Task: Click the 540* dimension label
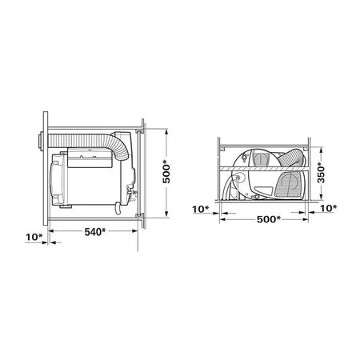click(95, 232)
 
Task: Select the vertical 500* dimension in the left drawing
click(166, 174)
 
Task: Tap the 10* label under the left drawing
click(34, 237)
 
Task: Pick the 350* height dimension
click(321, 174)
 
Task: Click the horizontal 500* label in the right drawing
click(269, 219)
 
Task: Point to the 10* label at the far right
click(328, 208)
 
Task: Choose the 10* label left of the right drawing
click(201, 209)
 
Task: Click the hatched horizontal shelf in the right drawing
click(264, 169)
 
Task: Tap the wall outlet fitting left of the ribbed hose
click(40, 142)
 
